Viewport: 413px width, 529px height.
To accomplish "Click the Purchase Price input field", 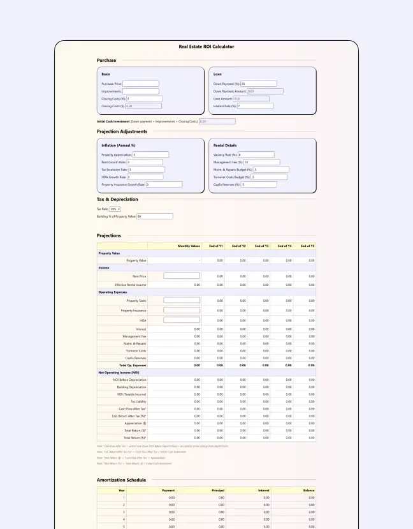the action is [140, 84].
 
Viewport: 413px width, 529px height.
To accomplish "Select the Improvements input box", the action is [140, 91].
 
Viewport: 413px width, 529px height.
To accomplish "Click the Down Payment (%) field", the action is [258, 84].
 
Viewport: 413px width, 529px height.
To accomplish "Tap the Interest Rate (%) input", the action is [255, 106].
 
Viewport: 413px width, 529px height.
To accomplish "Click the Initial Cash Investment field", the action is [217, 121].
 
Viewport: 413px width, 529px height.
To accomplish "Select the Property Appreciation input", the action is [150, 154].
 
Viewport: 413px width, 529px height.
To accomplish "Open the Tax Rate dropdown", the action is [115, 209].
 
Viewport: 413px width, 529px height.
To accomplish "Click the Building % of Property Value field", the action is [154, 216].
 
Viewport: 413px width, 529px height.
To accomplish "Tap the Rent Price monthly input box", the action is [182, 276].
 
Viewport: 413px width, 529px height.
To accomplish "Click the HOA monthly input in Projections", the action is [182, 320].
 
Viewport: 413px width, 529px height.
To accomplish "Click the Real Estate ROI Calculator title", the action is [207, 47].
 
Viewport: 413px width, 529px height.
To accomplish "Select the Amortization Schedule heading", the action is [121, 480].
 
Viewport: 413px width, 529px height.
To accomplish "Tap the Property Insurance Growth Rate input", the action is [164, 184].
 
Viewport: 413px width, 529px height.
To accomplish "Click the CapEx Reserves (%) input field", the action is [258, 184].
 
